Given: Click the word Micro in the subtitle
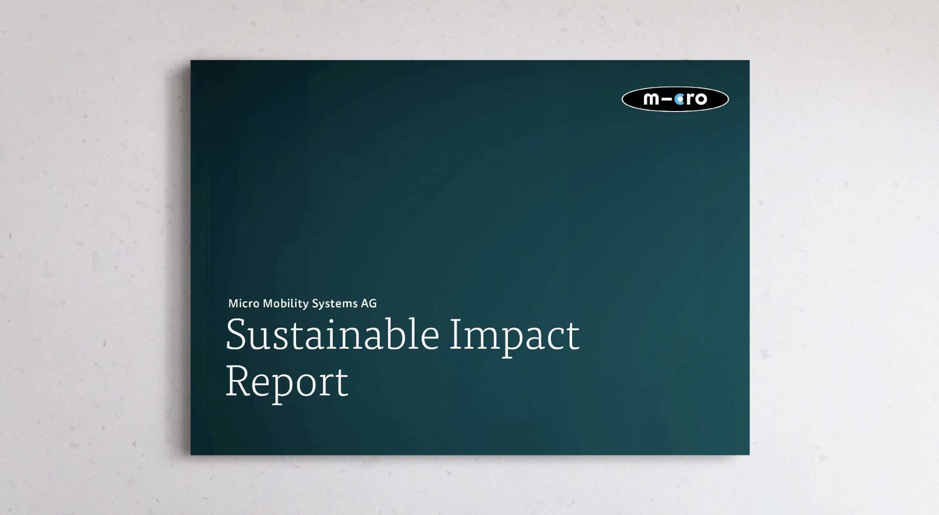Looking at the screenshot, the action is [244, 304].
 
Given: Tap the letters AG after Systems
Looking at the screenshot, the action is [369, 304].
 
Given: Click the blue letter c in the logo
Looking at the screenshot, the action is [680, 99].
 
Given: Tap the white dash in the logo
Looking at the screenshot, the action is [668, 100].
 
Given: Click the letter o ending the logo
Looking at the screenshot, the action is [701, 99].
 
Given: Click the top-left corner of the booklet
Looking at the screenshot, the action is [191, 61].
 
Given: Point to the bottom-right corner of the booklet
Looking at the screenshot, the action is [749, 455].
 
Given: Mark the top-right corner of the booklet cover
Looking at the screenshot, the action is [749, 61].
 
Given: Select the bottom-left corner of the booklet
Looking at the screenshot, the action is [191, 455].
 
